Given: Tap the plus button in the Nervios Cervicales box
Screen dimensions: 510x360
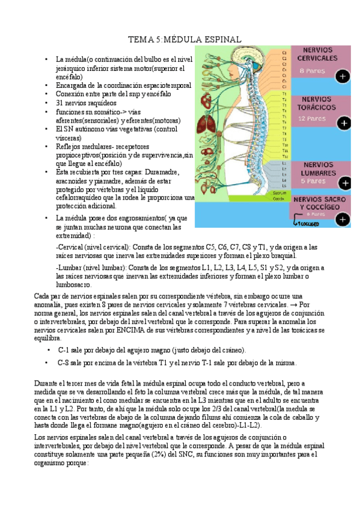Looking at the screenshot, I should (343, 76).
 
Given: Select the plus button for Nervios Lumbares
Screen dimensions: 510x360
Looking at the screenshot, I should (344, 183).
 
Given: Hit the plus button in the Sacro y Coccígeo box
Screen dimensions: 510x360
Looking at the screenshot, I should (343, 220).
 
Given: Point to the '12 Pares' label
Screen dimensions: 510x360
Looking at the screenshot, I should (316, 118).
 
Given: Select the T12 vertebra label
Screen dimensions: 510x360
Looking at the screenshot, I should (284, 155).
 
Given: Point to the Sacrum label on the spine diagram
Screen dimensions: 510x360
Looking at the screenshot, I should (278, 193).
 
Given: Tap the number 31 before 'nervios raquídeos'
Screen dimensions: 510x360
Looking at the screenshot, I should (60, 103).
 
